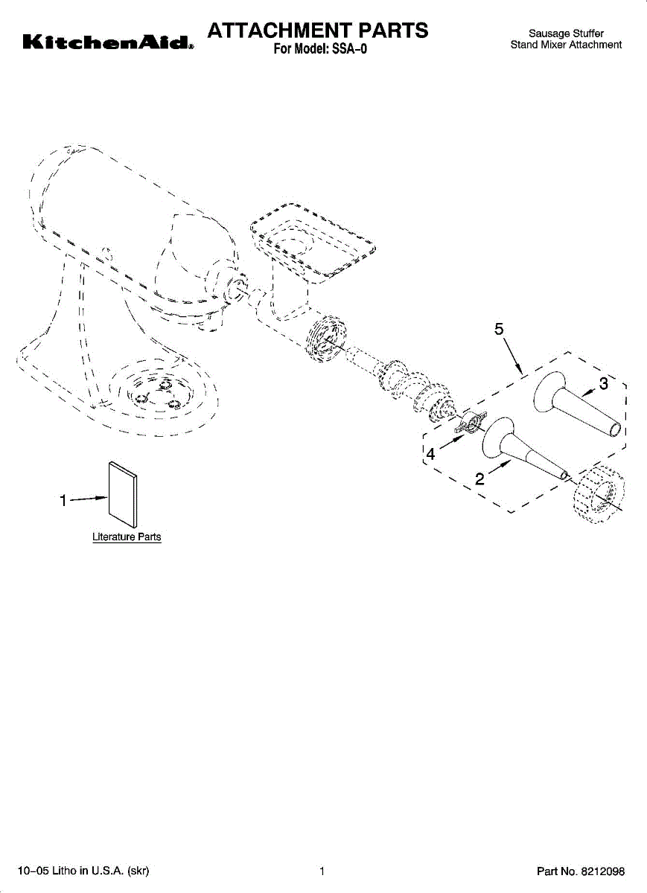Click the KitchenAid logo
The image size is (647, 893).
coord(109,43)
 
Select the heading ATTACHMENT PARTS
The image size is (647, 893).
coord(318,31)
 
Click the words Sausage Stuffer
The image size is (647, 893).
coord(566,33)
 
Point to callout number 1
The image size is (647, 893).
coord(64,500)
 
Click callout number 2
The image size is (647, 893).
coord(480,479)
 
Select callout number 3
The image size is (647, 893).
coord(604,385)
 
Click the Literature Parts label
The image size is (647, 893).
coord(127,537)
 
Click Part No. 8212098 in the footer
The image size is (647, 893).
coord(581,871)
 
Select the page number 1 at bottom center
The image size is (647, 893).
coord(322,871)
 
